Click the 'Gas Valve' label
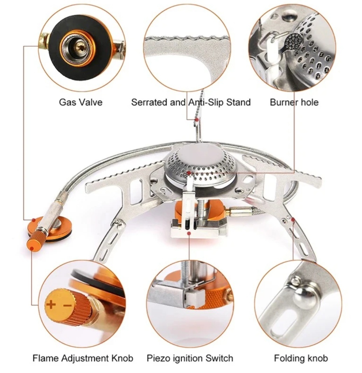pyautogui.click(x=81, y=102)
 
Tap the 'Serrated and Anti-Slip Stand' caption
pyautogui.click(x=191, y=102)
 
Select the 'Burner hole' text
pyautogui.click(x=294, y=102)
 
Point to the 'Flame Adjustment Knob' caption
pyautogui.click(x=83, y=358)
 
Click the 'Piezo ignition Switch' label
pyautogui.click(x=190, y=358)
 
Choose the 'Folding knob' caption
pyautogui.click(x=301, y=358)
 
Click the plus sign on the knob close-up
pyautogui.click(x=51, y=304)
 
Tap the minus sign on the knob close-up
pyautogui.click(x=67, y=305)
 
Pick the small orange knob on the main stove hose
pyautogui.click(x=35, y=240)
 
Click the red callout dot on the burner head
pyautogui.click(x=189, y=173)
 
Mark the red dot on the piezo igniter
pyautogui.click(x=189, y=233)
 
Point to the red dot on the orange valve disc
pyautogui.click(x=34, y=220)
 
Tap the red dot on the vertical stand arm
pyautogui.click(x=196, y=120)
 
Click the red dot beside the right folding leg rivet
pyautogui.click(x=293, y=219)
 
